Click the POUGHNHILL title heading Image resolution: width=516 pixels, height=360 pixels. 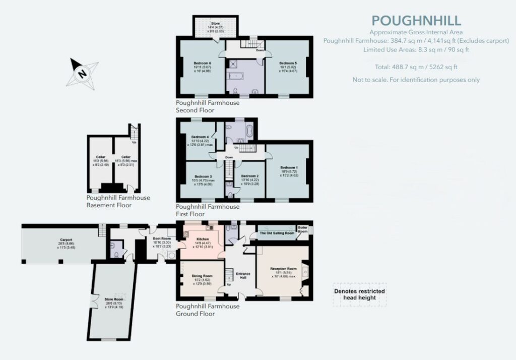(x=416, y=21)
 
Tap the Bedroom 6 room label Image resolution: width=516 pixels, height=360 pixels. (x=202, y=63)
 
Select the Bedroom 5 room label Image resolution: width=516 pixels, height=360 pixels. (x=288, y=63)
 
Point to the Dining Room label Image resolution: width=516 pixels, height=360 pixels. (x=201, y=276)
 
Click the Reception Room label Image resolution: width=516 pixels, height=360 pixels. (x=281, y=269)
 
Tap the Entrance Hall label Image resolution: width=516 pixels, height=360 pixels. (x=243, y=275)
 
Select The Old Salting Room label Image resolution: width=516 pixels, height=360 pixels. (x=277, y=233)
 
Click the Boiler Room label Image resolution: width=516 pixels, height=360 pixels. (x=303, y=229)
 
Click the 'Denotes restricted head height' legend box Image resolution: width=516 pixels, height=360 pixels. (x=360, y=294)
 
